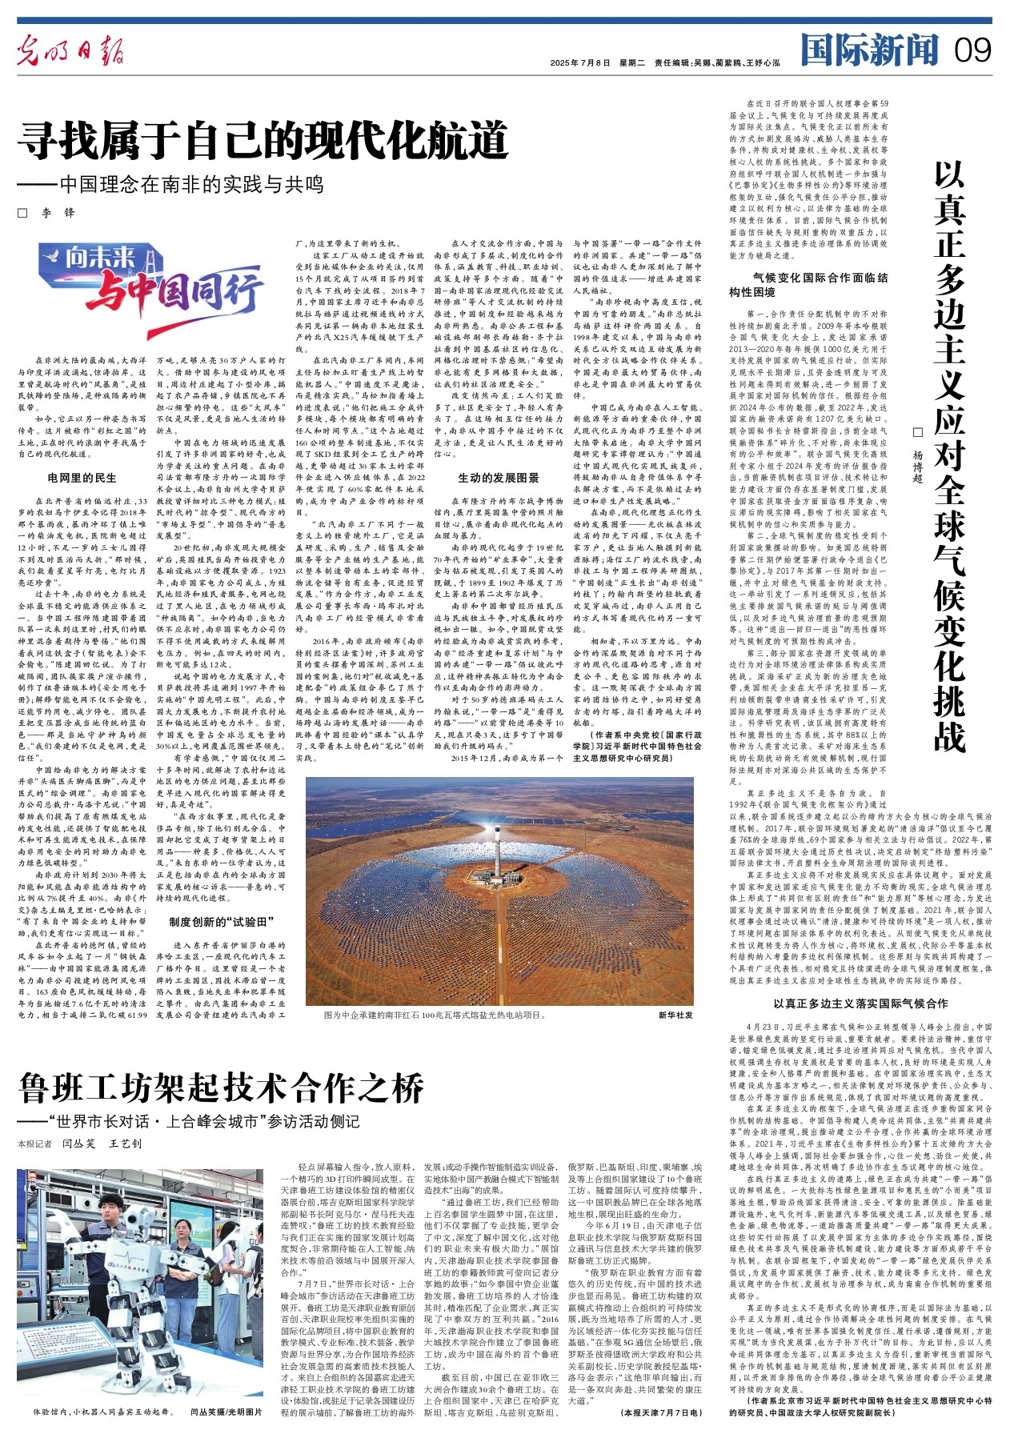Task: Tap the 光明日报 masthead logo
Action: [x=71, y=53]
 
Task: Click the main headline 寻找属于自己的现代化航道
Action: [x=264, y=141]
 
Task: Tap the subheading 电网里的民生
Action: [x=82, y=479]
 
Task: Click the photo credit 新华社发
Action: [x=675, y=1015]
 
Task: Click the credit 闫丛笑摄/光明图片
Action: [x=226, y=1412]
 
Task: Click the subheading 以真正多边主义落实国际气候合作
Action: [x=860, y=1003]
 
